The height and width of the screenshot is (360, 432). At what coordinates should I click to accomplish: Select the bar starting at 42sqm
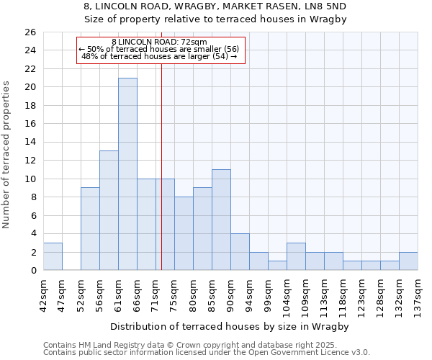pos(53,256)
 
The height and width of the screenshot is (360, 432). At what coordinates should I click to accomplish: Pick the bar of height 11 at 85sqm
pos(221,220)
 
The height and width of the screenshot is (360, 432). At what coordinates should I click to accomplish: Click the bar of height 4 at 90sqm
pos(240,251)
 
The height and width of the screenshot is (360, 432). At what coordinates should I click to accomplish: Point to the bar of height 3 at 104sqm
pos(296,256)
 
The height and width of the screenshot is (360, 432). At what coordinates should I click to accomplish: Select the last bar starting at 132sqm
pos(408,261)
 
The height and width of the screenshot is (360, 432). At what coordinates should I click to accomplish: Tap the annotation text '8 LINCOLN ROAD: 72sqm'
pos(160,42)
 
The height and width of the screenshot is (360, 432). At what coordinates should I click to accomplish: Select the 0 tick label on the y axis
pos(32,270)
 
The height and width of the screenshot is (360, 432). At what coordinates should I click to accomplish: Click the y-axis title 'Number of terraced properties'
pos(6,155)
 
